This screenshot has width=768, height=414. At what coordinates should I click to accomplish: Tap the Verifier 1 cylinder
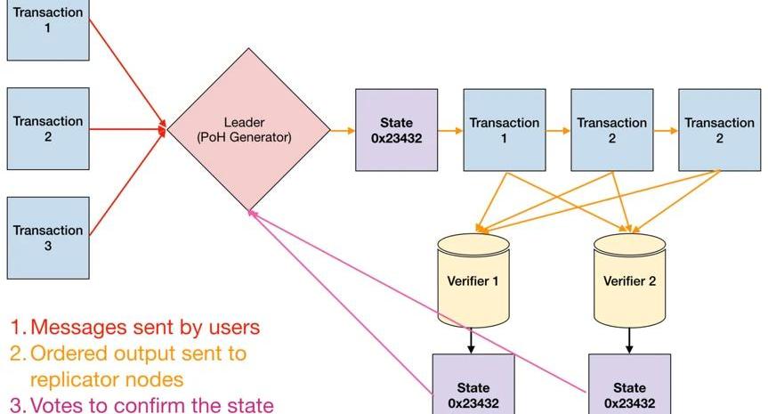coord(473,280)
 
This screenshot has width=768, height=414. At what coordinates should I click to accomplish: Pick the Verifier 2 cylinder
coord(629,280)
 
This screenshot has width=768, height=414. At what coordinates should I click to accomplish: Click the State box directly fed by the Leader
coord(396,130)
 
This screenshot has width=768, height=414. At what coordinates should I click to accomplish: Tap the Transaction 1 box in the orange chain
coord(505,130)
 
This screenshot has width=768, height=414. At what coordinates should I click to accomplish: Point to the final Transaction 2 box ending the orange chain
coord(719,130)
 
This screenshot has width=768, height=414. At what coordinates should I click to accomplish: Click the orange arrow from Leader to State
coord(342,131)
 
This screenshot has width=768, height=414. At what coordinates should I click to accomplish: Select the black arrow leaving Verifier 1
coord(473,340)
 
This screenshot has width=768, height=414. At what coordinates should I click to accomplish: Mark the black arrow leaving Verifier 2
coord(629,340)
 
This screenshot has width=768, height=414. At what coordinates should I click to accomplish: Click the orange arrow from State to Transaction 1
coord(450,131)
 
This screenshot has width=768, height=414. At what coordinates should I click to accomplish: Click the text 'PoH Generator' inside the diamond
coord(249,138)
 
